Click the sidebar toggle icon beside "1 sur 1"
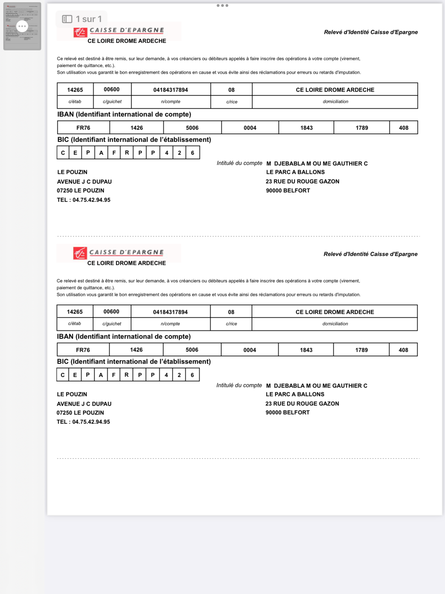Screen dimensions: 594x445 click(x=67, y=19)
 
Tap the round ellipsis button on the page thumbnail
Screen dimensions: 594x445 click(x=22, y=26)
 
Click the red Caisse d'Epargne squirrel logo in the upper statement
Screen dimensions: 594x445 click(x=80, y=32)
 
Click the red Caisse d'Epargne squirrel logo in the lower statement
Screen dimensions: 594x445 click(x=80, y=253)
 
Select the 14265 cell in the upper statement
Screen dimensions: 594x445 click(x=75, y=90)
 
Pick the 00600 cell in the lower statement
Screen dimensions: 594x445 click(x=111, y=312)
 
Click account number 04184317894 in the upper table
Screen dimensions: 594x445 click(x=171, y=90)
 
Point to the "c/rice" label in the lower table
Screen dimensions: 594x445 click(x=231, y=324)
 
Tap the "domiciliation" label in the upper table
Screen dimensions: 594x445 click(x=335, y=102)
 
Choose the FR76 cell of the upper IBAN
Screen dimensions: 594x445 click(x=83, y=128)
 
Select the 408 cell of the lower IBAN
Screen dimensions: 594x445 click(x=403, y=350)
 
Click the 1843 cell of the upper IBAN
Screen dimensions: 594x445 click(x=306, y=128)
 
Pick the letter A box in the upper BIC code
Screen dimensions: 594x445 click(x=101, y=153)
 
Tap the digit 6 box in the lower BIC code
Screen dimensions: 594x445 click(x=192, y=375)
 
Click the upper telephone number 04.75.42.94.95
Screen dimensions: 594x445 click(x=91, y=200)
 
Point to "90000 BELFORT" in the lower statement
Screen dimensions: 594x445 click(x=287, y=412)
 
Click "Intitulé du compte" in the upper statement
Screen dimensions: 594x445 click(x=239, y=163)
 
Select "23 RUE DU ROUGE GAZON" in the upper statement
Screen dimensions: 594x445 click(x=302, y=181)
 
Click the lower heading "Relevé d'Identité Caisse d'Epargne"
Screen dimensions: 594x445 click(x=370, y=254)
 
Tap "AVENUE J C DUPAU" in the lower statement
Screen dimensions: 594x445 click(x=84, y=404)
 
